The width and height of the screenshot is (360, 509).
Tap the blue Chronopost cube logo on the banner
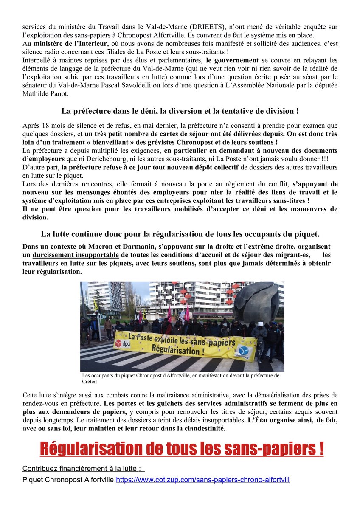pos(245,350)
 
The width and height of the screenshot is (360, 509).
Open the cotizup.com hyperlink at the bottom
pos(202,480)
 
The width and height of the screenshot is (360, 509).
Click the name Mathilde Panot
pos(45,94)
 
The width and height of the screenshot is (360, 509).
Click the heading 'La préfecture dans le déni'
pos(180,111)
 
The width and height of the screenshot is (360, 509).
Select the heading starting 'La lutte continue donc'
pos(180,234)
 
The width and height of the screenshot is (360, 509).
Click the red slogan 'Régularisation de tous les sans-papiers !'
pos(182,449)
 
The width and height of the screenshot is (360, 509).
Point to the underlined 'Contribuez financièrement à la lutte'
pos(82,469)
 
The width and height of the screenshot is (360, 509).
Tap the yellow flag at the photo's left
pos(96,304)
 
